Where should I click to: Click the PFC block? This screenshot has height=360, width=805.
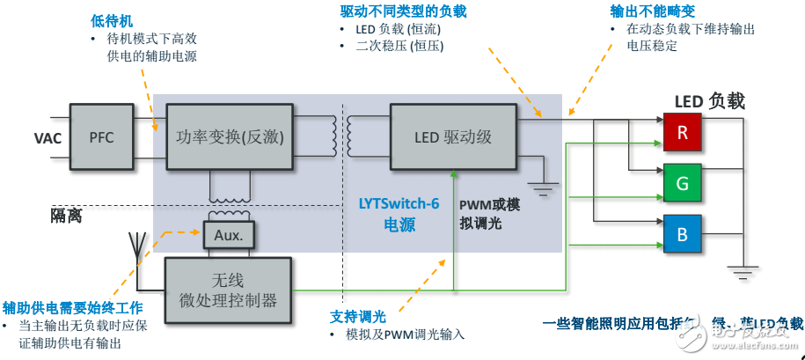101,137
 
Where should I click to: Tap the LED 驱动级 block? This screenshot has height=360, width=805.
452,137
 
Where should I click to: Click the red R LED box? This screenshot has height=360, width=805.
682,132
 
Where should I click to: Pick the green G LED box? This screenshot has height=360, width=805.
682,182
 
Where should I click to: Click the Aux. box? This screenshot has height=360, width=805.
228,236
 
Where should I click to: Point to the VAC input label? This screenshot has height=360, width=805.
48,138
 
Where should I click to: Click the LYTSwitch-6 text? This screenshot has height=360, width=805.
399,203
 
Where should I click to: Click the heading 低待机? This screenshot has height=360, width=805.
110,18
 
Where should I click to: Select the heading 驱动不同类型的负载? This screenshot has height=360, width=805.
403,11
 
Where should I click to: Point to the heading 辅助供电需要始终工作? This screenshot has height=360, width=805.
72,307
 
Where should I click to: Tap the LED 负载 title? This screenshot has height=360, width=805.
709,101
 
